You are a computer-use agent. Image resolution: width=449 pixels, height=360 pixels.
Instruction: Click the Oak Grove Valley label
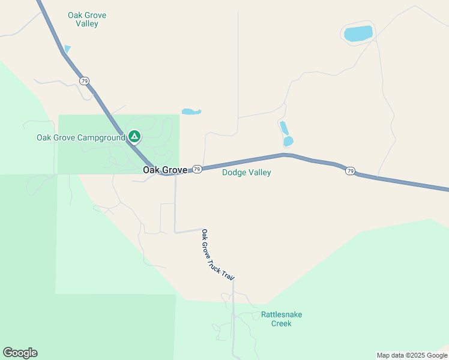coord(83,19)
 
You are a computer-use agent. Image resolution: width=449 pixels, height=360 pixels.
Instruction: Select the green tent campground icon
coord(134,137)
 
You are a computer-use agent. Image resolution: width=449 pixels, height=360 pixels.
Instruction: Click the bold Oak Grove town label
coord(164,170)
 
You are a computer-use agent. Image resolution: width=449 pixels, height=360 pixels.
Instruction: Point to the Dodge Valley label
coord(247,173)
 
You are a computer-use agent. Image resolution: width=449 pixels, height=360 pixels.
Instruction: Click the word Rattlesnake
coord(282,314)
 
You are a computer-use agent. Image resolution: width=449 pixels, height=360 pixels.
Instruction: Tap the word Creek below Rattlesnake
coord(281,323)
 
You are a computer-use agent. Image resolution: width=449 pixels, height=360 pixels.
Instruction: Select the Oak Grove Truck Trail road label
coord(217,254)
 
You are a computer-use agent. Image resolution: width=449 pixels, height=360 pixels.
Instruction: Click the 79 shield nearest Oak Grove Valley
coord(84,80)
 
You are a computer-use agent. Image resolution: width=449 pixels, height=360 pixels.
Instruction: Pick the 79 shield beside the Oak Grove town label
coord(197,170)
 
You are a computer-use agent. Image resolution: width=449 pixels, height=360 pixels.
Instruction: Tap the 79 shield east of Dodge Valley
coord(350,171)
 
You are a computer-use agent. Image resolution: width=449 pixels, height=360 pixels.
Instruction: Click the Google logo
coord(20,353)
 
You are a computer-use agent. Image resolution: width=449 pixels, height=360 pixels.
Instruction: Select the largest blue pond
coord(358,34)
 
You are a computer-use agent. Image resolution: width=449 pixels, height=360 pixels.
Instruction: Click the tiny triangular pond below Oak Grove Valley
coord(67,49)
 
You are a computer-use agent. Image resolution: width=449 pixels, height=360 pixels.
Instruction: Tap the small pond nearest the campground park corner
coord(191,112)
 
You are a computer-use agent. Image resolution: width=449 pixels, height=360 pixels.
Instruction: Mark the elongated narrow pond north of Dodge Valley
coord(284,128)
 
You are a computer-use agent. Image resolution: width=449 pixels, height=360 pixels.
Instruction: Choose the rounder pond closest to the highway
coord(288,142)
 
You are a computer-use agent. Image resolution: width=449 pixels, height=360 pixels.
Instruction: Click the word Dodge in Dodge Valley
coord(234,173)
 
